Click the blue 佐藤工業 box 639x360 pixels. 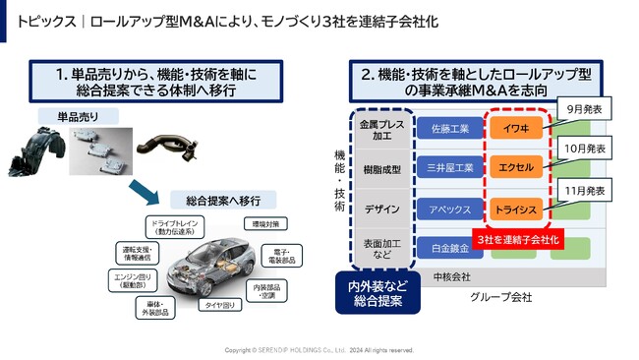(x=449, y=129)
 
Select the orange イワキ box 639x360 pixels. (x=516, y=129)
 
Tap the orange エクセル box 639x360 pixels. (x=516, y=167)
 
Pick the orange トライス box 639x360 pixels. (x=516, y=209)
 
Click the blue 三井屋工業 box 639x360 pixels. (x=449, y=167)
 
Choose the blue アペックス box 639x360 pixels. (x=449, y=209)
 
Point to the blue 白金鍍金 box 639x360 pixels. (x=449, y=248)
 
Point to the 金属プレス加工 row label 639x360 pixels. (x=380, y=131)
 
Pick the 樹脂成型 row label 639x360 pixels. (x=380, y=168)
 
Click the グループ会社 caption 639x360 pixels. (x=500, y=296)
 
